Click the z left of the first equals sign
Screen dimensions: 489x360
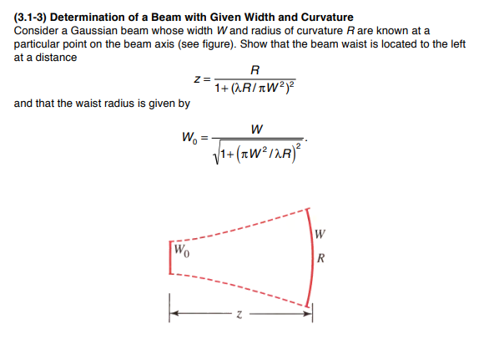coord(196,79)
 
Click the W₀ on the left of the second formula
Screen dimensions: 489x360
coord(190,138)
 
